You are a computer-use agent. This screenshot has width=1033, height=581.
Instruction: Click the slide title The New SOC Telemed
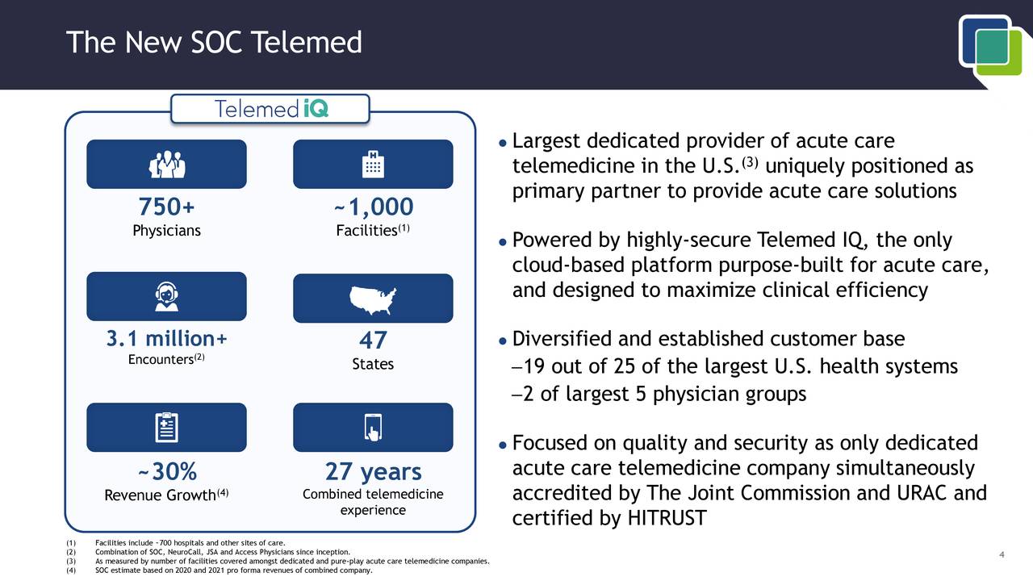(214, 42)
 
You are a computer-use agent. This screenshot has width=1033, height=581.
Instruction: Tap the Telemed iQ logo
(270, 109)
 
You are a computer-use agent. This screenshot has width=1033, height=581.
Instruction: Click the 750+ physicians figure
(166, 207)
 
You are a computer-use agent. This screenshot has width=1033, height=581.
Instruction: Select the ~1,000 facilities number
(373, 207)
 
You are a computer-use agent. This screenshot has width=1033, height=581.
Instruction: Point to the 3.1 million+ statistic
(166, 339)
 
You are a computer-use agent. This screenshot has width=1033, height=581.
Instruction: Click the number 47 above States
(373, 341)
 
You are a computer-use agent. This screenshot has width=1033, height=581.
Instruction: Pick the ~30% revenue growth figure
(166, 471)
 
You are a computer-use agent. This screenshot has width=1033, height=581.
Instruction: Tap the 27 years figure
(373, 471)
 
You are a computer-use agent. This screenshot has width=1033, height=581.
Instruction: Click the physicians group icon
(166, 165)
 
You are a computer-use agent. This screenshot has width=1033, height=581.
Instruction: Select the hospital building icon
(373, 165)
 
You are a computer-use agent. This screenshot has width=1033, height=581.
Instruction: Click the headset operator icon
(166, 297)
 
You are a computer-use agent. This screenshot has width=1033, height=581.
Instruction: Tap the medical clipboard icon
(166, 428)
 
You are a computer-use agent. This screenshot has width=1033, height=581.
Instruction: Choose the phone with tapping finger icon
(373, 428)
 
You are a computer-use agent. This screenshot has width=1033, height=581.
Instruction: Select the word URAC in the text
(918, 493)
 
